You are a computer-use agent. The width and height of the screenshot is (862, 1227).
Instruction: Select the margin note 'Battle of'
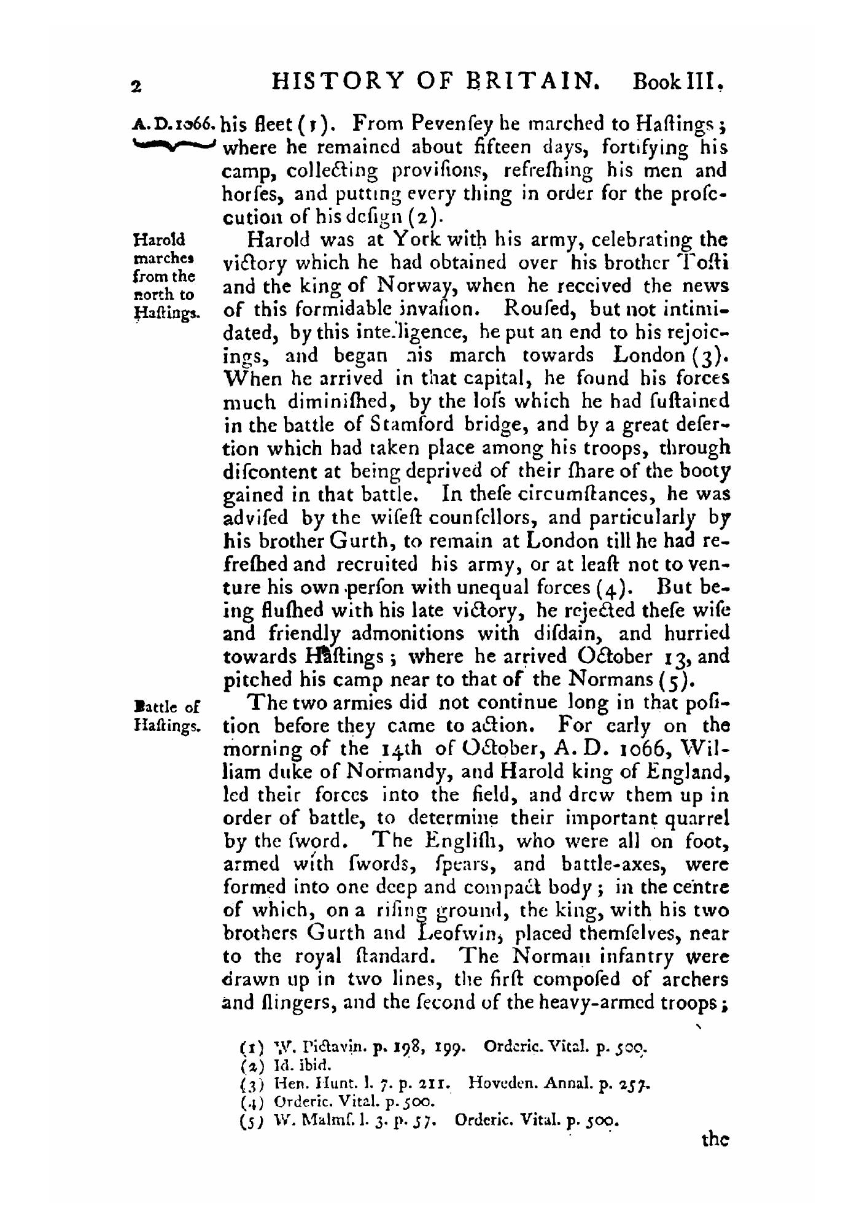(165, 706)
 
